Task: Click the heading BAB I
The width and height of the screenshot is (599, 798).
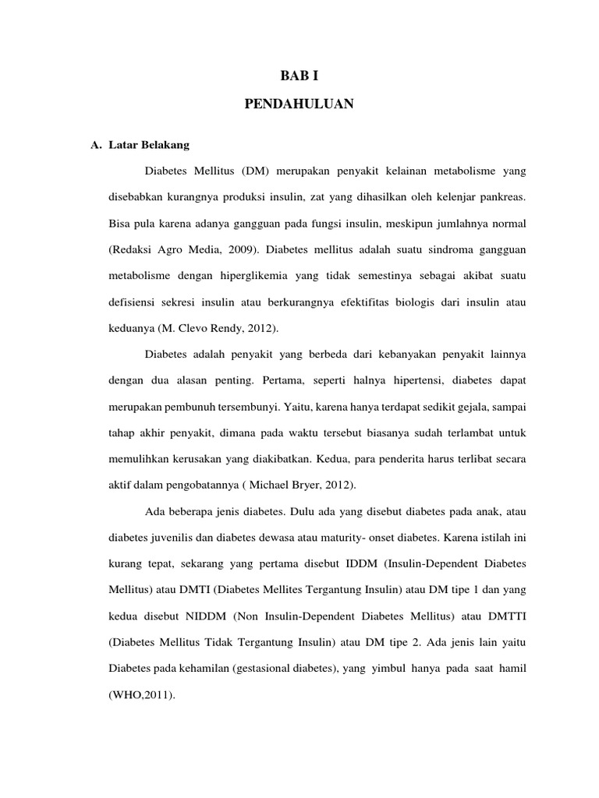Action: click(x=299, y=76)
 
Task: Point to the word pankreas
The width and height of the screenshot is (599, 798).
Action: click(x=504, y=196)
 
